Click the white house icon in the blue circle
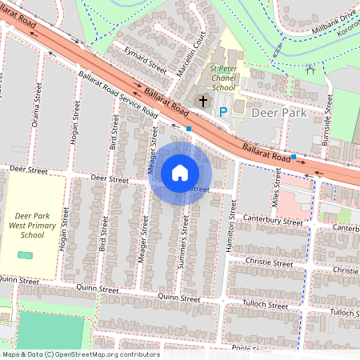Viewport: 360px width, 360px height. pos(180,172)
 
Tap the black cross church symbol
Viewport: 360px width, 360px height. pos(203,102)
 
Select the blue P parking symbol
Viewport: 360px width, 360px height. pos(224,112)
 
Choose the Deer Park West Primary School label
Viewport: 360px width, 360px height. pos(33,226)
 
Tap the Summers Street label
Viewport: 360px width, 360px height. pos(185,243)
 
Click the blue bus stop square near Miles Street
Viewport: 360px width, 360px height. pos(294,157)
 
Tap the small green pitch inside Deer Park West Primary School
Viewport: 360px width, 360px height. pos(26,254)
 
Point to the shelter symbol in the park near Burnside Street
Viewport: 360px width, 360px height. pos(310,69)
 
